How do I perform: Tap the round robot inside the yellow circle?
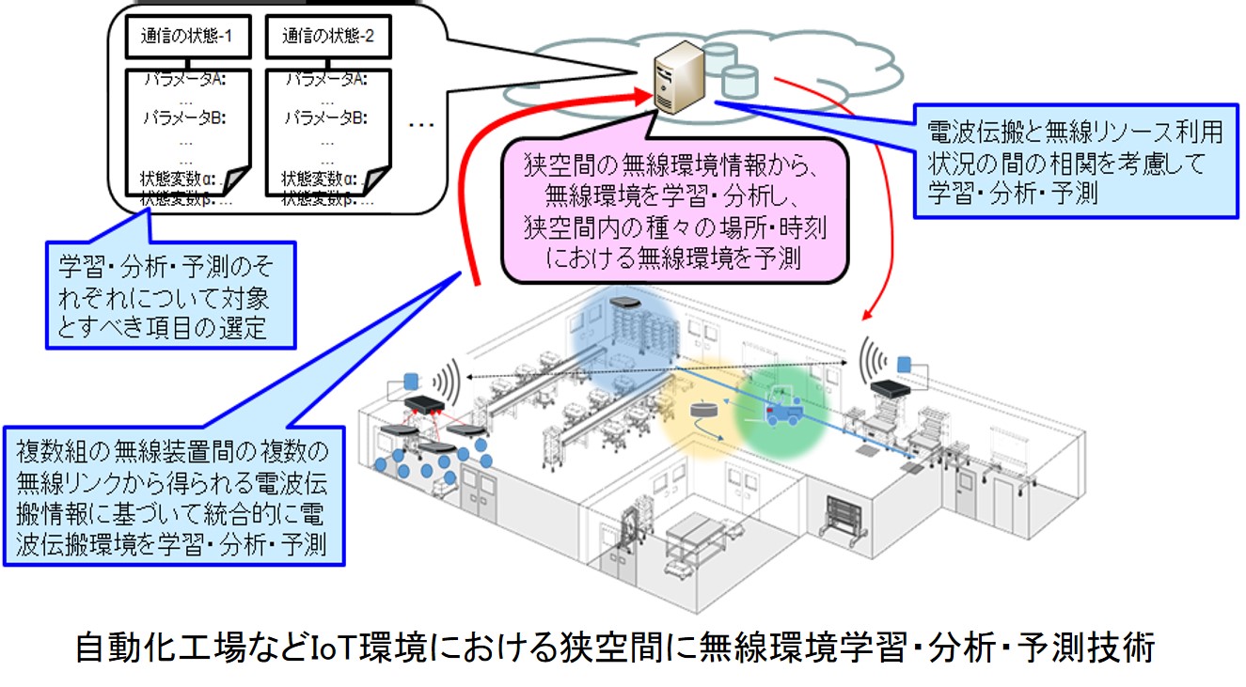[701, 412]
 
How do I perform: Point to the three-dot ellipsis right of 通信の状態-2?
[422, 124]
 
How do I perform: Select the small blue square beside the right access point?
[905, 363]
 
